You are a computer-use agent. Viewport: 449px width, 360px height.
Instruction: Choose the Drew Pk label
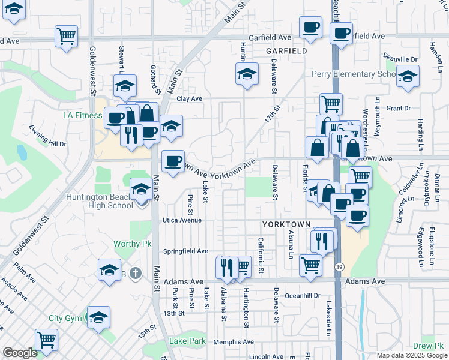[427, 346]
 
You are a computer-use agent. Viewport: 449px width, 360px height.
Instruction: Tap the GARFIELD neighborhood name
[287, 51]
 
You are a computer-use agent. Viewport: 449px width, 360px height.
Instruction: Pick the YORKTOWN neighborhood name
[286, 224]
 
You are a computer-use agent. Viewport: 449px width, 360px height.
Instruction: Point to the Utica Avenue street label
[184, 220]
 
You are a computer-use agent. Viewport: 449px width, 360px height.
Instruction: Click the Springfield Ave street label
[185, 251]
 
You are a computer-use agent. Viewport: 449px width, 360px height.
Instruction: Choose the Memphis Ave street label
[232, 341]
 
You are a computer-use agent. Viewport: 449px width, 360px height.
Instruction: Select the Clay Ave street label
[189, 98]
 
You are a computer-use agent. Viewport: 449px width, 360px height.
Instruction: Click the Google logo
[20, 353]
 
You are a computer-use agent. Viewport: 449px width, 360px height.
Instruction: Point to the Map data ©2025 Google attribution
[411, 355]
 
